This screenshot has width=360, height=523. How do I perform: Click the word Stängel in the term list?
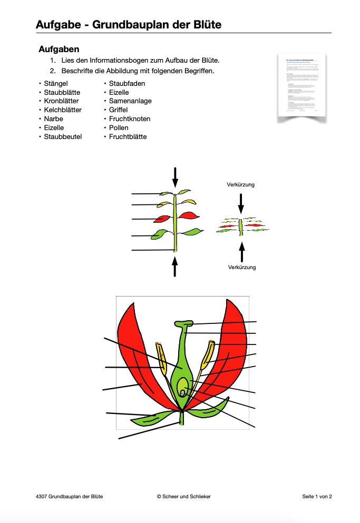pos(56,83)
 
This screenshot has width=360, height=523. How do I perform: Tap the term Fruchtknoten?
pos(130,119)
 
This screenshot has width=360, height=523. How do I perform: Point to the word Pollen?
pos(119,128)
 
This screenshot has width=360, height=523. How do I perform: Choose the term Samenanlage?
pos(130,101)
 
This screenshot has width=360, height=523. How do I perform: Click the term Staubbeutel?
pos(63,137)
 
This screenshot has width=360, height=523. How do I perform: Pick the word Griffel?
pos(119,110)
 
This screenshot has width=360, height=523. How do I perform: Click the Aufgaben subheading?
pos(59,50)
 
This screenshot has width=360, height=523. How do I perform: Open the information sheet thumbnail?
pos(301,86)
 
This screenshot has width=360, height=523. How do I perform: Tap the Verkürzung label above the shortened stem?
pos(241,185)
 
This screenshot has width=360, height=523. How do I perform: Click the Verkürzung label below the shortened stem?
pos(242,268)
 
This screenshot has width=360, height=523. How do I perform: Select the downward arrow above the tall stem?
pos(176,177)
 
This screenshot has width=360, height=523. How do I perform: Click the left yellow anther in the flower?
pos(161,358)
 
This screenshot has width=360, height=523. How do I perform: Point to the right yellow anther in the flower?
pos(208,356)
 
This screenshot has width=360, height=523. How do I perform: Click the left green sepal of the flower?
pos(150,418)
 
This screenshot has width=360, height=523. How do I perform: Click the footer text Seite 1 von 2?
pos(317,497)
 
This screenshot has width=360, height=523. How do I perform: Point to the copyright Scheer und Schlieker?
pos(184,497)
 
